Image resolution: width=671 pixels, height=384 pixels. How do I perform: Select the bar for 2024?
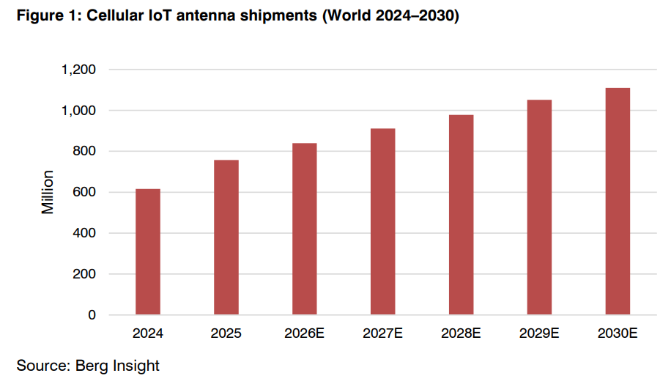(148, 252)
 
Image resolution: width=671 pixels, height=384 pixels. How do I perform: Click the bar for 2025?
(226, 237)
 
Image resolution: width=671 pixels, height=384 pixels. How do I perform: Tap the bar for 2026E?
(305, 229)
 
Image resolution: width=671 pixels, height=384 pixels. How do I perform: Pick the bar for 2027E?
(383, 221)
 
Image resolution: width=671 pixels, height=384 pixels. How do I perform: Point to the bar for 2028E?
(461, 215)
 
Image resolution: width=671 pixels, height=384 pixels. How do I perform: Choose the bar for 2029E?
(540, 207)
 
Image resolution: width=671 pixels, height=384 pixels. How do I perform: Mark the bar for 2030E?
(618, 202)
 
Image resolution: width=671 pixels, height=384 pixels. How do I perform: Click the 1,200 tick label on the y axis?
(80, 70)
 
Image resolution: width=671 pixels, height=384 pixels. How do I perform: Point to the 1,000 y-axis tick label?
(80, 111)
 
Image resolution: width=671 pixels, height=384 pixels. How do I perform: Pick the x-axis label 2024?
(148, 333)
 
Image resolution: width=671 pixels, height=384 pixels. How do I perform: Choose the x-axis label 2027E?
(383, 333)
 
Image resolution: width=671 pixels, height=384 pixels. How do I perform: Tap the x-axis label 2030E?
(618, 333)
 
